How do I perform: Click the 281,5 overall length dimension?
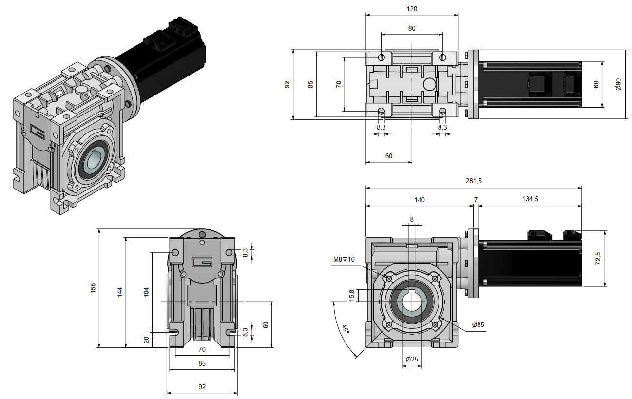(x=473, y=181)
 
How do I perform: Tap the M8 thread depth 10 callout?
(x=344, y=259)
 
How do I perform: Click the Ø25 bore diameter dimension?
(x=412, y=360)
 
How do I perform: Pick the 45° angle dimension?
(x=345, y=329)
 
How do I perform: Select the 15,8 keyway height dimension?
(x=351, y=295)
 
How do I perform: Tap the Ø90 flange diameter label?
(x=618, y=84)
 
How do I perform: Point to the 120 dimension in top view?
(x=412, y=9)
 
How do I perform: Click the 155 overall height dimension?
(x=93, y=288)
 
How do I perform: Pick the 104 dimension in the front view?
(x=146, y=292)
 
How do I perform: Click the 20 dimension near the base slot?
(x=147, y=340)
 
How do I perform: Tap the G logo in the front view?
(x=202, y=262)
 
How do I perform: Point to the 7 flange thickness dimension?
(x=476, y=199)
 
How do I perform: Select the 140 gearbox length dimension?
(x=419, y=199)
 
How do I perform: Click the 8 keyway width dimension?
(x=412, y=220)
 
